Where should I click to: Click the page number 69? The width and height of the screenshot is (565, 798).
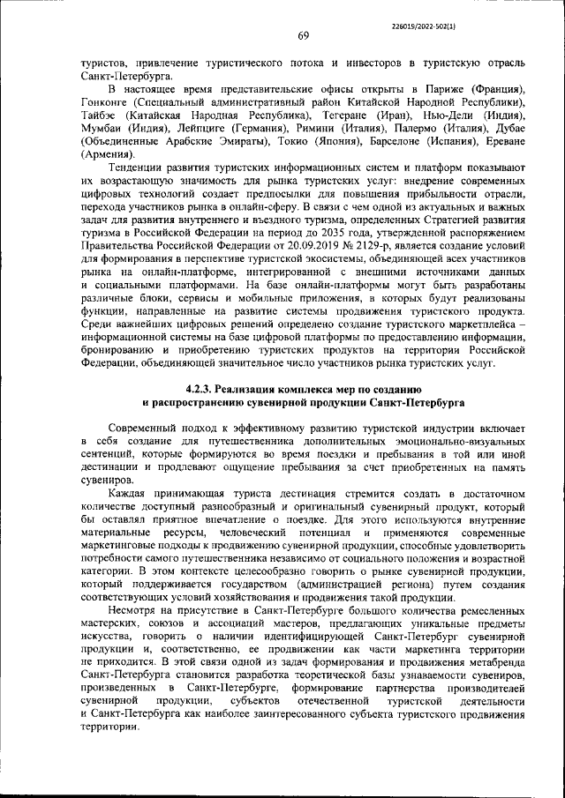pos(302,35)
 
